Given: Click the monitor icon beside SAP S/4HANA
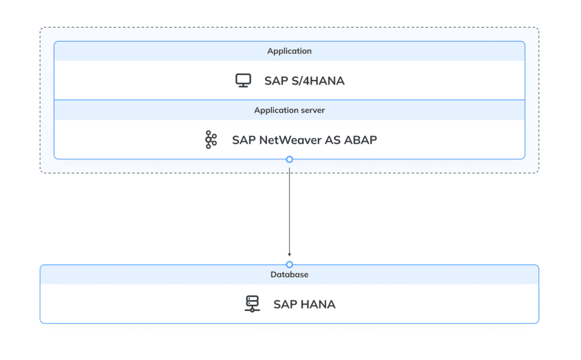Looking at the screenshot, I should [x=243, y=81].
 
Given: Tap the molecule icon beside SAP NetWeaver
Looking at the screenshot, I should [x=211, y=139].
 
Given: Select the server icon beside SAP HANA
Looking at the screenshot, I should [x=252, y=304].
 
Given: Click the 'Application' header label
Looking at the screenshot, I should [x=289, y=51].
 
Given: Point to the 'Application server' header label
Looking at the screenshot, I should [x=289, y=110].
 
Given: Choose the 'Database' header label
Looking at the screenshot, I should [x=289, y=274].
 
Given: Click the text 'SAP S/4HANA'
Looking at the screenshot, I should [x=304, y=81].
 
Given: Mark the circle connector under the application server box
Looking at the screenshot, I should [x=289, y=159].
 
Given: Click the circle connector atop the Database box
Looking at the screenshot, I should [x=289, y=265].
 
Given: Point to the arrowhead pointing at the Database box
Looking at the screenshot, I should [x=289, y=255].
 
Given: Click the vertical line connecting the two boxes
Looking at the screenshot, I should [x=289, y=210].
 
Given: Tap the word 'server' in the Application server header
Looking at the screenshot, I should [x=313, y=110].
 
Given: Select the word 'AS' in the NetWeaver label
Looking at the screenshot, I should [x=333, y=140].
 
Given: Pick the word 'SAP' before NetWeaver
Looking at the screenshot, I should [x=243, y=140].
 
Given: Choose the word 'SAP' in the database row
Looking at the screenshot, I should [x=285, y=304].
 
